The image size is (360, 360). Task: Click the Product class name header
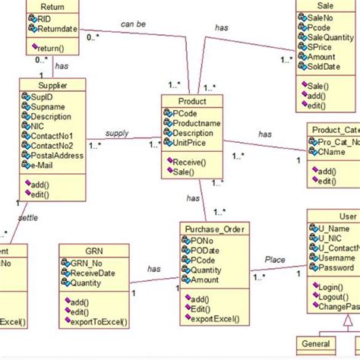[193, 101]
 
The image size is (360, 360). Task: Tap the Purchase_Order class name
[216, 228]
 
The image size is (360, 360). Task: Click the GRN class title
[93, 250]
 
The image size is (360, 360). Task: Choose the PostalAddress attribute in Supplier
[58, 156]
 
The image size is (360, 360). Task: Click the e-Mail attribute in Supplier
[48, 166]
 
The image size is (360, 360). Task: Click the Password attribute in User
[336, 267]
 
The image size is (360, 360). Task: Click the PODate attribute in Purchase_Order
[208, 250]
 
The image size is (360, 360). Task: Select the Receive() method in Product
[194, 162]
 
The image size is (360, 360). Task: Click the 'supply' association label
[116, 133]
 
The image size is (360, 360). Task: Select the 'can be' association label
[134, 24]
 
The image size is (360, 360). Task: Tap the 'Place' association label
[275, 260]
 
